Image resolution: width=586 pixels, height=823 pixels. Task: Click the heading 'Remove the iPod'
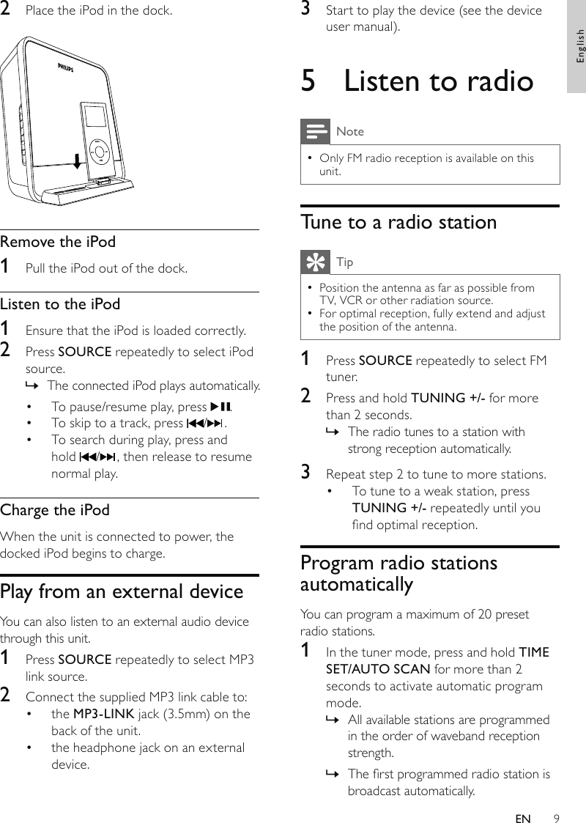click(58, 241)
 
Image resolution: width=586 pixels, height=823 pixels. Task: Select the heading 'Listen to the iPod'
click(60, 303)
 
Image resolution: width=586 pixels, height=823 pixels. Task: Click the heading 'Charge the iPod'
click(55, 509)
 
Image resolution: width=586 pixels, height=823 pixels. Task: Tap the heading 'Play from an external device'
click(122, 591)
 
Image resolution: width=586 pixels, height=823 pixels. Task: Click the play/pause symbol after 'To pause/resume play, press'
click(220, 407)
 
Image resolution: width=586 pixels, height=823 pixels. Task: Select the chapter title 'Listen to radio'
click(438, 81)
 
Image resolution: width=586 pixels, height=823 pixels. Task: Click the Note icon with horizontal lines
click(315, 132)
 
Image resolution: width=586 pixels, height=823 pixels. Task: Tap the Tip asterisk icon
click(315, 262)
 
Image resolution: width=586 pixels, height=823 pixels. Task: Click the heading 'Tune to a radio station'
click(398, 222)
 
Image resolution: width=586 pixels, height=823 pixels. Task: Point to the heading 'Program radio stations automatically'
click(398, 573)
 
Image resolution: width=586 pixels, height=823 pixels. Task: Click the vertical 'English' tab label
click(579, 46)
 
